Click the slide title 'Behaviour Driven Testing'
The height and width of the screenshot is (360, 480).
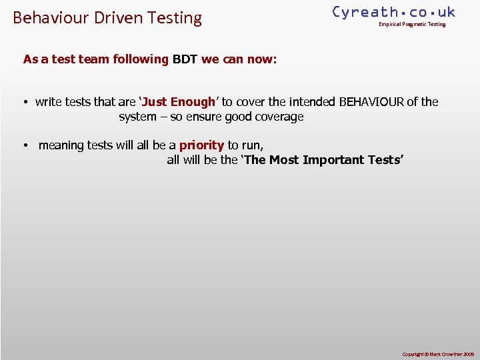tap(107, 17)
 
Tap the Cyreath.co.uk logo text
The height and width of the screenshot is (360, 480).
tap(393, 12)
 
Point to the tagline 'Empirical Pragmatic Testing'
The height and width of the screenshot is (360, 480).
tap(412, 25)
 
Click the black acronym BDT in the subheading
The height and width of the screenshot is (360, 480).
tap(185, 59)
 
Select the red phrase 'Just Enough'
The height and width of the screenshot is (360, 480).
tap(178, 102)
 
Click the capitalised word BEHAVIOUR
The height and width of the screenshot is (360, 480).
tap(371, 102)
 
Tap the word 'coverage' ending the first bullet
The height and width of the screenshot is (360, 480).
tap(277, 117)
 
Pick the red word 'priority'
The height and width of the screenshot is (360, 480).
tap(201, 145)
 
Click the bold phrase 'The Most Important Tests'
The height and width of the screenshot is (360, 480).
tap(323, 160)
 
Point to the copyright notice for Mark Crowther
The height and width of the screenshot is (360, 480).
tap(437, 354)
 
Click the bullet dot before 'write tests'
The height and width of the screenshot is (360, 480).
tap(24, 103)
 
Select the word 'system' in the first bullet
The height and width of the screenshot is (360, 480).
tap(137, 117)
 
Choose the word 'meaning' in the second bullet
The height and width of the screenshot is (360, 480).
tap(61, 145)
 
